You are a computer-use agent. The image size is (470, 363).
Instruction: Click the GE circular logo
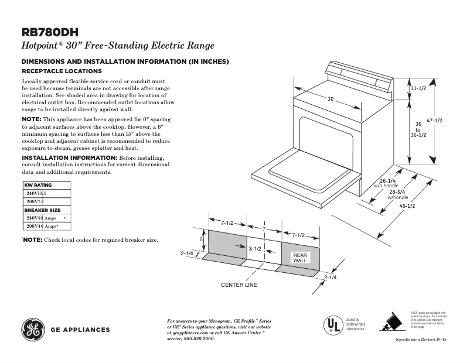[33, 329]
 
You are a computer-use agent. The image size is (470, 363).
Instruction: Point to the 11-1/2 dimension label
[418, 88]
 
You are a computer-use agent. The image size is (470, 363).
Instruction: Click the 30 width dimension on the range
[331, 100]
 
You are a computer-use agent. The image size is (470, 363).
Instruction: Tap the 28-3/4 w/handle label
[397, 194]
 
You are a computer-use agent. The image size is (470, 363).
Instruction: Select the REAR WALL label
[299, 258]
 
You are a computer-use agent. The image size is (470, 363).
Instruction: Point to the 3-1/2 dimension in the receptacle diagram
[254, 249]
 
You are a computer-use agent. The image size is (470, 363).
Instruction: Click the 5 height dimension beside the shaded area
[201, 239]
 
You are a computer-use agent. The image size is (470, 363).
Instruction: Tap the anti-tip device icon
[390, 322]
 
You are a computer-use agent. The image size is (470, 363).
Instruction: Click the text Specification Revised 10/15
[421, 340]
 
